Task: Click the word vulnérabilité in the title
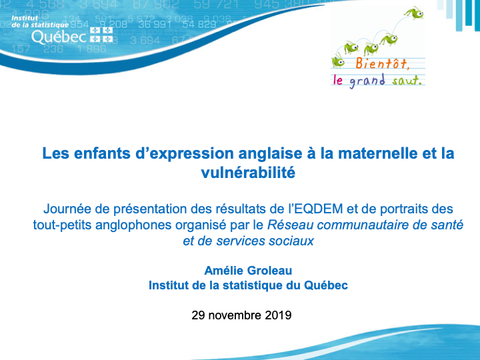[x=248, y=173]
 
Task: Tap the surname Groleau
[x=269, y=271]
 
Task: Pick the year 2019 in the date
[x=278, y=315]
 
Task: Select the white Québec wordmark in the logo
[x=59, y=37]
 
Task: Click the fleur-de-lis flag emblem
[x=101, y=35]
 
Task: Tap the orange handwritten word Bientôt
[x=382, y=63]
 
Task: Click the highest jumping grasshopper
[x=413, y=13]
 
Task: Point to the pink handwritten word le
[x=337, y=80]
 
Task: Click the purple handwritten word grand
[x=367, y=81]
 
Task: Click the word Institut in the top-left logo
[x=25, y=18]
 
